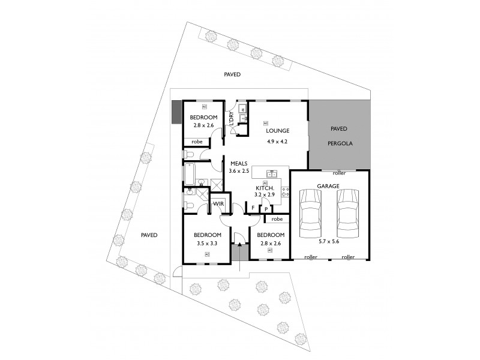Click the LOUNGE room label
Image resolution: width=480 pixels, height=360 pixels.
[x=278, y=131]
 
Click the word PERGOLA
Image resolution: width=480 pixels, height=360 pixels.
[x=340, y=144]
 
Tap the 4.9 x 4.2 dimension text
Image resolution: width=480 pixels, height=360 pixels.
[x=278, y=142]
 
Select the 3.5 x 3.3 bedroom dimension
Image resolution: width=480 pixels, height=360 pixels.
[x=207, y=244]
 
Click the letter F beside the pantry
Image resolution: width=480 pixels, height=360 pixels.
[x=253, y=208]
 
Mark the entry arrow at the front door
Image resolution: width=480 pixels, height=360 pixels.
[x=239, y=244]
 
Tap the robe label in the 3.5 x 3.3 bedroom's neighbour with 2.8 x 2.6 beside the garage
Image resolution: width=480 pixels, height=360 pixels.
[x=277, y=220]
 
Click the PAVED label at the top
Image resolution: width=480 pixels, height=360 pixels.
[x=232, y=75]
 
